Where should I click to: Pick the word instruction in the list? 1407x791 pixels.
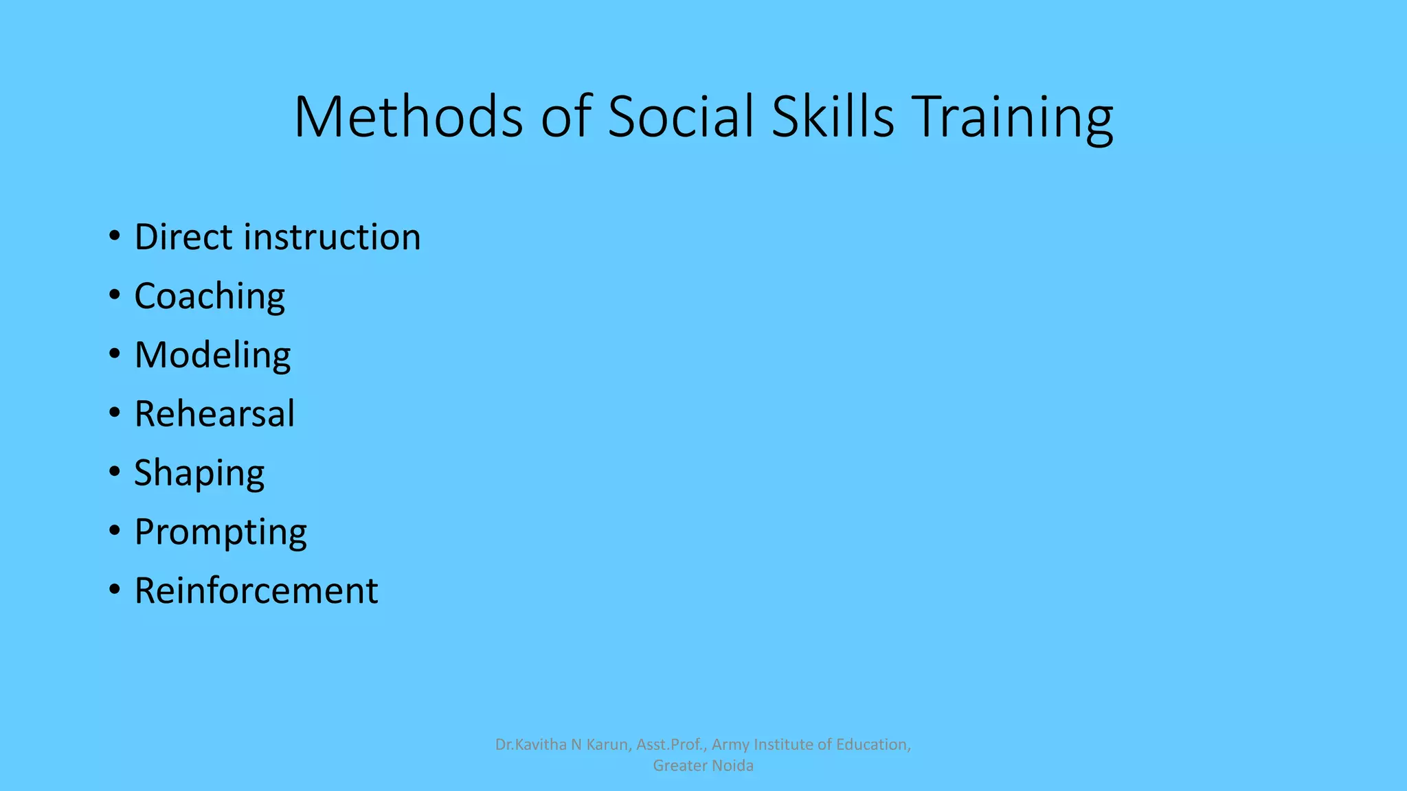click(x=333, y=237)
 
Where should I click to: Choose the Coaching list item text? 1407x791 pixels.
click(x=210, y=297)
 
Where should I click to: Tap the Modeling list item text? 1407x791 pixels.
click(x=212, y=356)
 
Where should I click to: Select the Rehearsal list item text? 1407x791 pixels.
click(x=214, y=414)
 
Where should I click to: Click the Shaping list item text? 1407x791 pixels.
click(x=199, y=474)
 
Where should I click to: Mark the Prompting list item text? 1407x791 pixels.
click(x=221, y=533)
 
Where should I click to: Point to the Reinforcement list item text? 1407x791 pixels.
click(x=256, y=591)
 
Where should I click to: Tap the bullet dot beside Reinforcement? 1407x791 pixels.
click(x=114, y=590)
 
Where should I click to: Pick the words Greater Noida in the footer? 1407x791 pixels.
click(x=703, y=766)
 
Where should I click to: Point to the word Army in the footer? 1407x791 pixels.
click(x=730, y=745)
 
